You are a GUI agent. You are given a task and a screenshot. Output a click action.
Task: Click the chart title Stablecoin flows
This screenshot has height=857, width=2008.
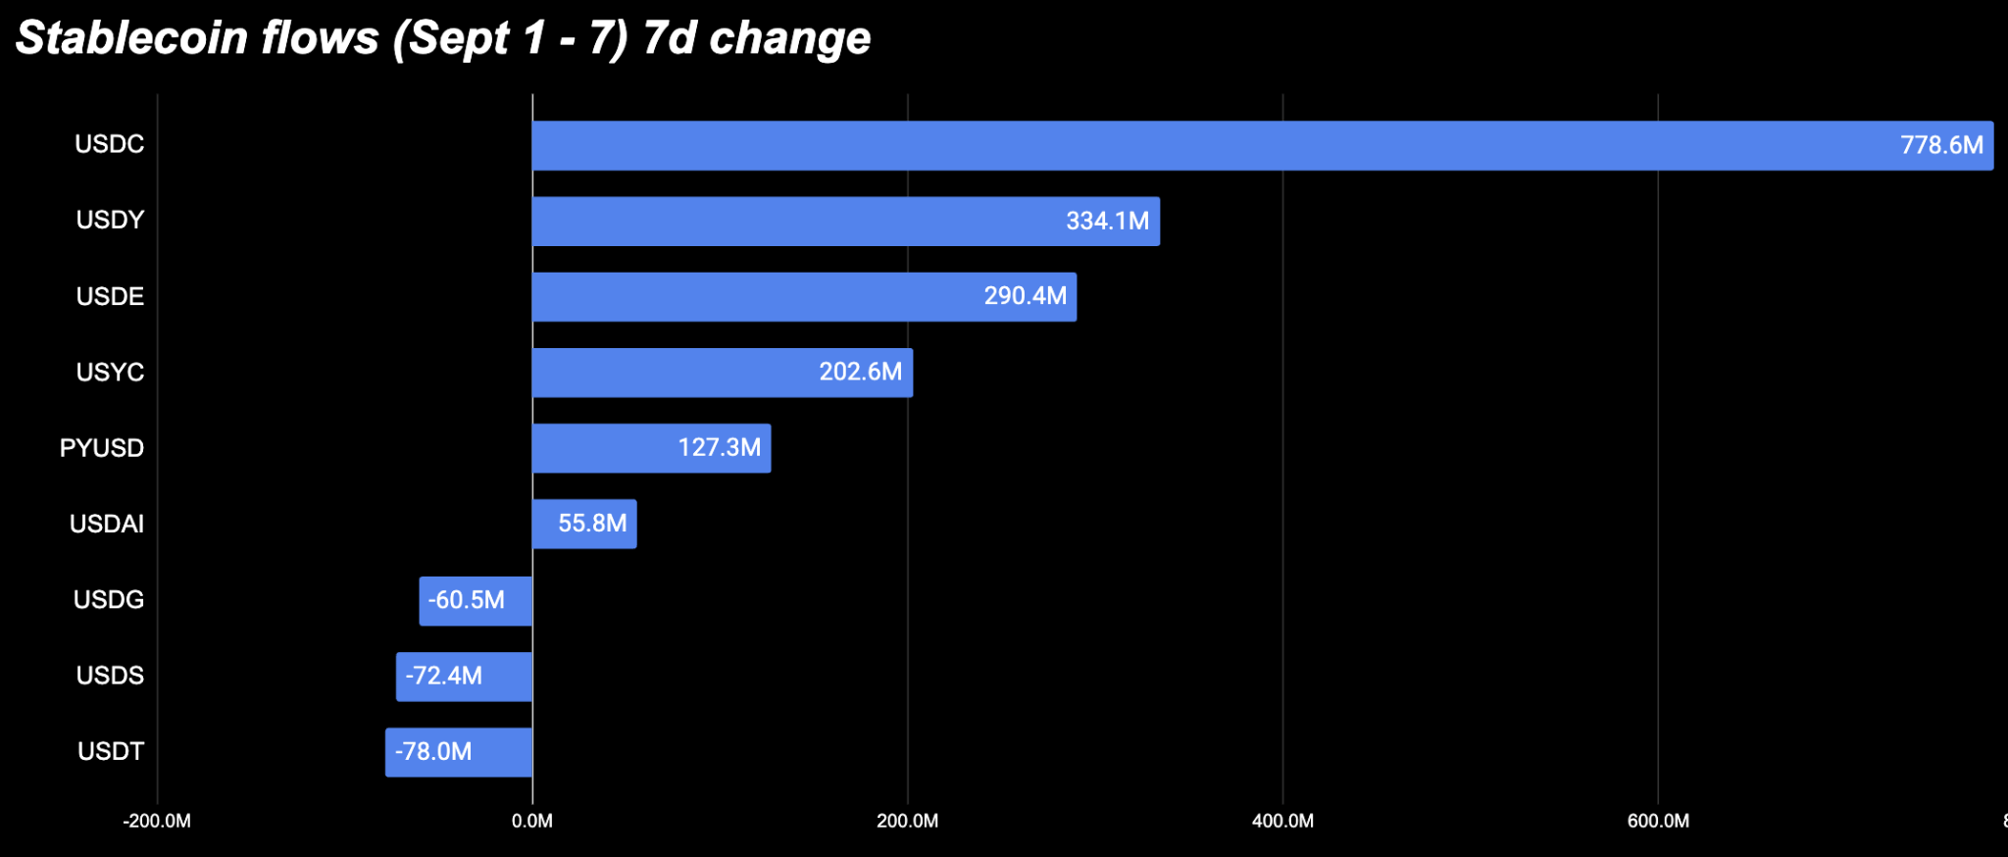click(197, 37)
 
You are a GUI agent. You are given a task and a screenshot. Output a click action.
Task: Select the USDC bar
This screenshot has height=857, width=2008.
click(1263, 145)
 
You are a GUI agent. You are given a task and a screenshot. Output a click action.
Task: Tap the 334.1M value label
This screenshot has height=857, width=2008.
click(1107, 221)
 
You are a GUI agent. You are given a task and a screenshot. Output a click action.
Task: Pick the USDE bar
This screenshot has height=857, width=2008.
click(804, 297)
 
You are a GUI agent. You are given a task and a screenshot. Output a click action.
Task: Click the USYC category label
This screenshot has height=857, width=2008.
click(110, 373)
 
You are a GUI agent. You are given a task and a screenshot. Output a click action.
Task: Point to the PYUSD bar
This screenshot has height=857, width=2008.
click(651, 448)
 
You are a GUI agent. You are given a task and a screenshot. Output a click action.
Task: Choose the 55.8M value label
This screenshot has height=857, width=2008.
click(592, 524)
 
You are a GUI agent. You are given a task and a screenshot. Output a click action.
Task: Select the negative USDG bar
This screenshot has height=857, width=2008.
click(476, 600)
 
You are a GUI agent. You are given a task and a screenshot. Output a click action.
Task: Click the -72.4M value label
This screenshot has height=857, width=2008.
click(443, 676)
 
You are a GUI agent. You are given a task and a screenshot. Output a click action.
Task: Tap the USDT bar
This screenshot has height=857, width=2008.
click(459, 752)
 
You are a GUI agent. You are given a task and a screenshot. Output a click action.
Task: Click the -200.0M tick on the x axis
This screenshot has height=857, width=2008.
click(157, 821)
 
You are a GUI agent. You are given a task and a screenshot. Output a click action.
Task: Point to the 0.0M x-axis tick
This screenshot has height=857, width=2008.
click(532, 821)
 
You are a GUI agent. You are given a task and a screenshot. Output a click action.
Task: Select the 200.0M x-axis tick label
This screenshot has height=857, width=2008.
click(908, 821)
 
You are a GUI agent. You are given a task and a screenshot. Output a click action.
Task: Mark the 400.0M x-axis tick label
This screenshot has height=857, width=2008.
click(1282, 821)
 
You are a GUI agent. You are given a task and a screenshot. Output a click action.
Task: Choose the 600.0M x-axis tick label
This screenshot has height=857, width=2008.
click(1658, 821)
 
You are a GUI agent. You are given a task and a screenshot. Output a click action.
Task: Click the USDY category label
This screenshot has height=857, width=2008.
click(110, 220)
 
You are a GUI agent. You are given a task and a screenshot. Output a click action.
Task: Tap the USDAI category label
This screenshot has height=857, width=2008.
click(107, 524)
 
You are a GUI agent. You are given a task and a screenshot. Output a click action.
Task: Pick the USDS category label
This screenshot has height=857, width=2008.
click(110, 676)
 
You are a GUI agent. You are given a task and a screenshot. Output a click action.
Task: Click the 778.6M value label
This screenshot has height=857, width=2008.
click(1941, 145)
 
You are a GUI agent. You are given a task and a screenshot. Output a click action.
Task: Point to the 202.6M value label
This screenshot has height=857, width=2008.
click(861, 372)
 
